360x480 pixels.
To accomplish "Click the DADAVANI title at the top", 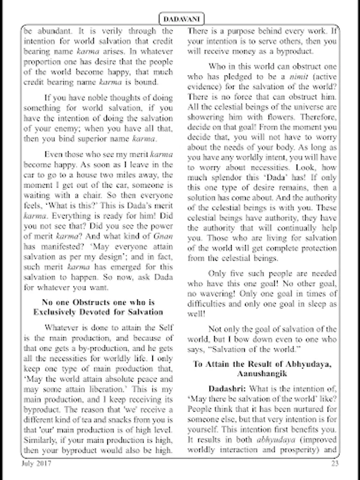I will click(x=180, y=19).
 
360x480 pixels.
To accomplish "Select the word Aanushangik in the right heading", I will click(x=262, y=374).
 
